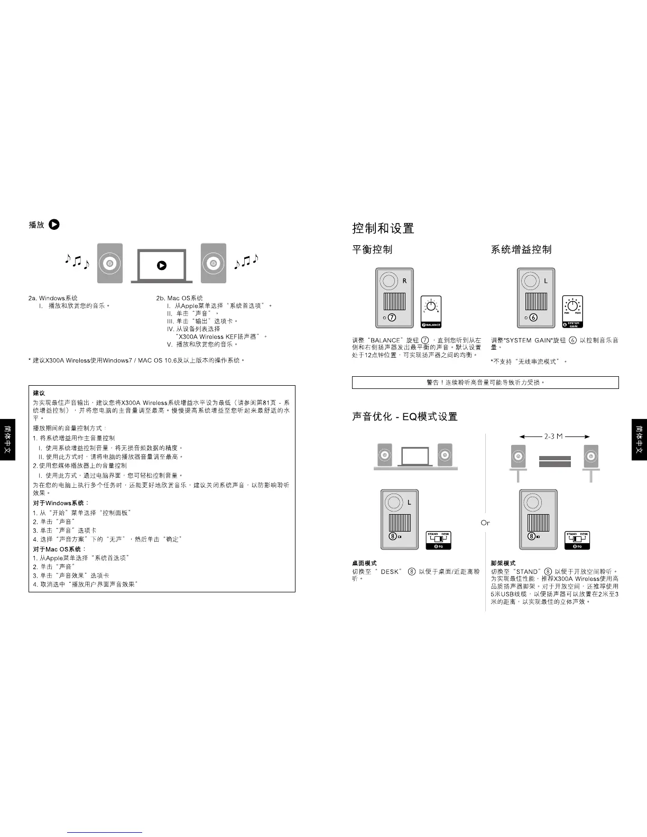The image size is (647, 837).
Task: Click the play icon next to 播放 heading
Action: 54,224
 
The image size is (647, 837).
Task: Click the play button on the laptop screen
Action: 162,266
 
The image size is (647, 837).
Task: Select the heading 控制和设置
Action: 383,228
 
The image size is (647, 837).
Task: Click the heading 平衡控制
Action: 372,249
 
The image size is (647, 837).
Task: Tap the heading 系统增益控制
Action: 521,249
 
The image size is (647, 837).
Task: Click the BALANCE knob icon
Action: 431,312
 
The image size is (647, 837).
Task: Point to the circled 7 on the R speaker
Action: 392,318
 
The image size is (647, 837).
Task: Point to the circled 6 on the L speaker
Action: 533,318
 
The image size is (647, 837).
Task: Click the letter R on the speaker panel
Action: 404,281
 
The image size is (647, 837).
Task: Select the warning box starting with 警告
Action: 485,382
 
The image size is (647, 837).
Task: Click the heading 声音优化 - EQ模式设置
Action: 405,417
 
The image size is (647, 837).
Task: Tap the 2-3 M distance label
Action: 553,436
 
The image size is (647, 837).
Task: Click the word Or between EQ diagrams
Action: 485,523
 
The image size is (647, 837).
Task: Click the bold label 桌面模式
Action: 364,563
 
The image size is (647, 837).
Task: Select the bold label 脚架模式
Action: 503,563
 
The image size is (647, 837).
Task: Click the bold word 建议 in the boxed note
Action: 39,393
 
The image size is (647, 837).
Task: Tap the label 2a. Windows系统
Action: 53,298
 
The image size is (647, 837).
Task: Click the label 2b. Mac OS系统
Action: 179,298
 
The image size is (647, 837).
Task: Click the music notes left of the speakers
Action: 77,261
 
